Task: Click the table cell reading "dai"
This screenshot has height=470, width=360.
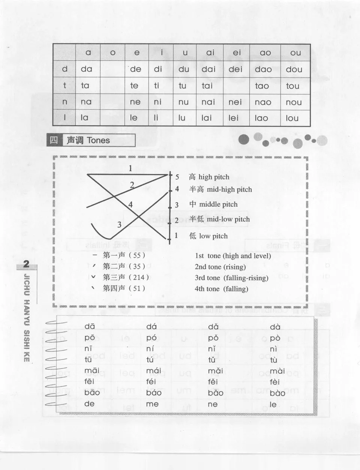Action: [208, 69]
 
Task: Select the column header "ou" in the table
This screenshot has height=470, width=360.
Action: [295, 53]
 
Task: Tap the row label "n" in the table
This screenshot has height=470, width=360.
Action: [65, 102]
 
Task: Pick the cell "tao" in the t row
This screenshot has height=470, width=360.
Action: [262, 86]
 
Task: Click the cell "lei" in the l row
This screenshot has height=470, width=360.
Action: [233, 118]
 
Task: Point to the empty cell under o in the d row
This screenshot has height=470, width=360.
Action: [112, 69]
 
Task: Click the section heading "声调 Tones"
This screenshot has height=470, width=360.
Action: [88, 140]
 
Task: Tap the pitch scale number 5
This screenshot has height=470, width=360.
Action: [177, 177]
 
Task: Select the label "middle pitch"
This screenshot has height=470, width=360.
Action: [218, 204]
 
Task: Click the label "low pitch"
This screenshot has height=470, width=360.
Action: [213, 236]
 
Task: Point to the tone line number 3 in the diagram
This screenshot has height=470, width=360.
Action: [119, 225]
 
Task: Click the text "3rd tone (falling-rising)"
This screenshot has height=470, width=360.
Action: [231, 278]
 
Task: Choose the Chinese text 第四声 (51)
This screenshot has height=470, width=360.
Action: [124, 288]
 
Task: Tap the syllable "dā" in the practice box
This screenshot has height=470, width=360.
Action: [90, 327]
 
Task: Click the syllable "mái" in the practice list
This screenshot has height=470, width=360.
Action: [154, 371]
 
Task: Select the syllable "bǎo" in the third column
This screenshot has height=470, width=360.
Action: [216, 393]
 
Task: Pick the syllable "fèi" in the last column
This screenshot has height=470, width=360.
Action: [275, 382]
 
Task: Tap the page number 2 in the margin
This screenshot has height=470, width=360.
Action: [26, 264]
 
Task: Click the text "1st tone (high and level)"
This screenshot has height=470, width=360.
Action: [232, 256]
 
